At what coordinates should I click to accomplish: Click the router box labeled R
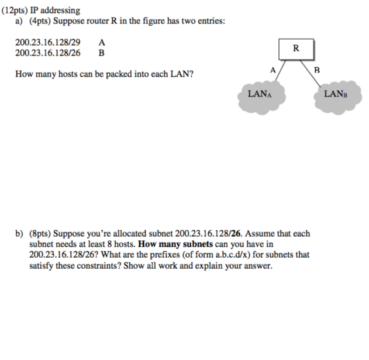[295, 48]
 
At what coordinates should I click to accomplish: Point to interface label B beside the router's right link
[317, 70]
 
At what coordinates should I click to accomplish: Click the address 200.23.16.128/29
[48, 43]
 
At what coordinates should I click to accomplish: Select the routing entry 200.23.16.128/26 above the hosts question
[48, 53]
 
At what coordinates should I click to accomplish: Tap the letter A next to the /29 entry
[102, 43]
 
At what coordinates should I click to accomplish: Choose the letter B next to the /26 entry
[102, 53]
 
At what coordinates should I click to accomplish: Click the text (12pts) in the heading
[16, 11]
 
